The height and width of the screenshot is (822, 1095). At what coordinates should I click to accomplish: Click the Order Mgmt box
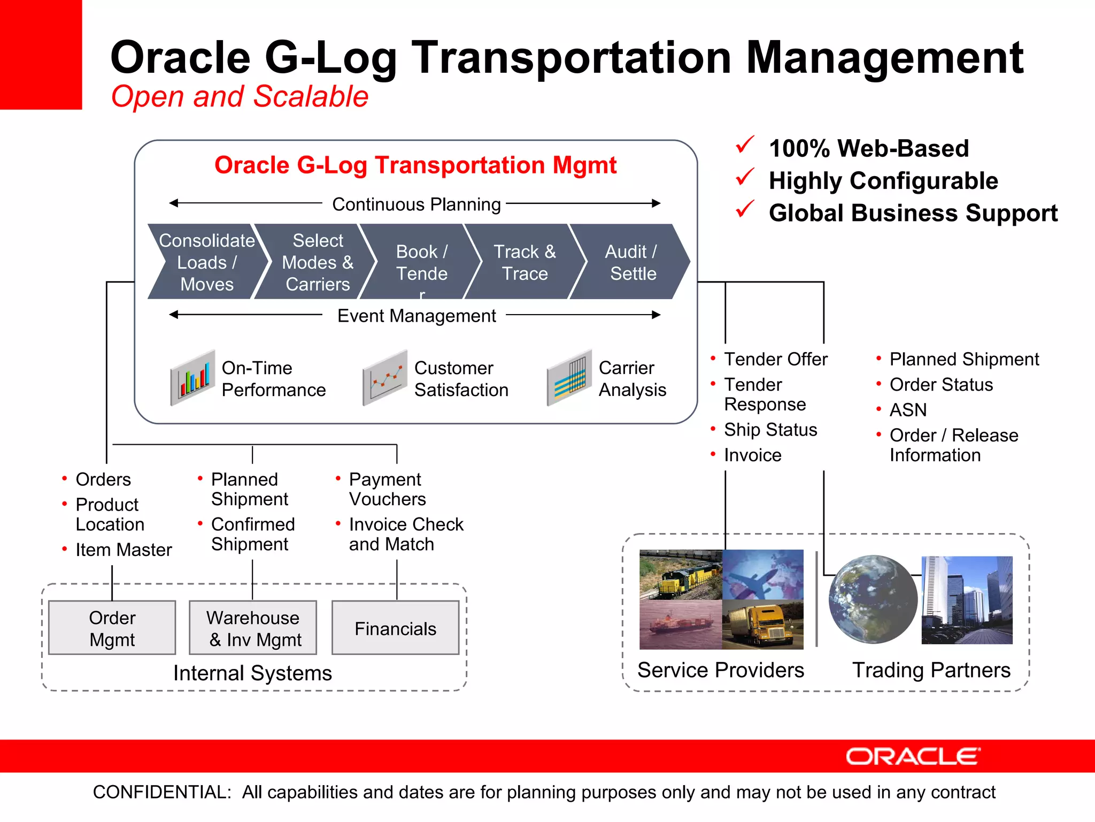click(x=112, y=628)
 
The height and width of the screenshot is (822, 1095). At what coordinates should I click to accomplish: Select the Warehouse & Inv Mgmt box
click(x=253, y=628)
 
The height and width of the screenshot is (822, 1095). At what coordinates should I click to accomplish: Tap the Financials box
click(x=395, y=628)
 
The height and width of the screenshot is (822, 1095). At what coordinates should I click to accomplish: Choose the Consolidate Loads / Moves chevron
click(x=207, y=262)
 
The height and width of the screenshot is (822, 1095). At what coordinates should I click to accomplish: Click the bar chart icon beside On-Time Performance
click(x=193, y=378)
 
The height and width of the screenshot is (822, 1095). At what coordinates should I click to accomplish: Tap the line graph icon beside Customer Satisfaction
click(x=385, y=378)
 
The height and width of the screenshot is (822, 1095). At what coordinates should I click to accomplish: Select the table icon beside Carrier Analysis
click(x=569, y=378)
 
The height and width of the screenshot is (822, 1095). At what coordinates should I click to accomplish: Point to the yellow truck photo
click(x=762, y=624)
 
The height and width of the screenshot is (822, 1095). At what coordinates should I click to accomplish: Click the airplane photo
click(x=762, y=575)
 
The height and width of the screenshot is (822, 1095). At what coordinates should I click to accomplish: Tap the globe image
click(x=873, y=599)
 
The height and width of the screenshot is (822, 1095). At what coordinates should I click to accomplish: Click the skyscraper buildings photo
click(x=967, y=599)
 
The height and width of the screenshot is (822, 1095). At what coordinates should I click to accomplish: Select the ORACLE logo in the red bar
click(x=913, y=756)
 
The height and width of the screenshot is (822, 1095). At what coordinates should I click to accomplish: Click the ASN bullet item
click(x=908, y=410)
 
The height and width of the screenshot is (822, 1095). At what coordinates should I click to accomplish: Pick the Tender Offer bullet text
click(x=775, y=359)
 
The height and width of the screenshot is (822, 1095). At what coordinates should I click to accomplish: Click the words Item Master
click(x=124, y=550)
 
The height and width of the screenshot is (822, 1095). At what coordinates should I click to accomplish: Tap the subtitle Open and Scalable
click(x=240, y=96)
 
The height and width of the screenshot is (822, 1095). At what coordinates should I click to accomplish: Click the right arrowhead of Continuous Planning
click(x=656, y=203)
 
